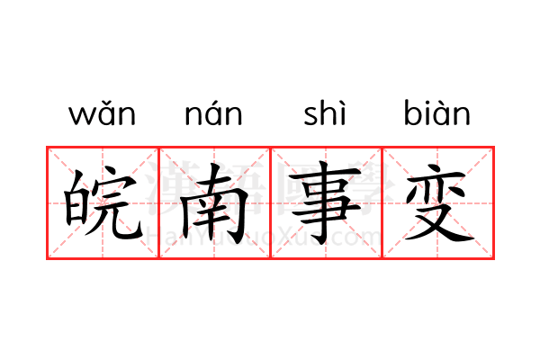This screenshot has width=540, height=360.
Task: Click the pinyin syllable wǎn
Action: [103, 113]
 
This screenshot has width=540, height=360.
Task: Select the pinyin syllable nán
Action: [213, 113]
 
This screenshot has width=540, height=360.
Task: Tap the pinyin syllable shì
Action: [324, 112]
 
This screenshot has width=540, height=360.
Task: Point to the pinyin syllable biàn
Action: [437, 112]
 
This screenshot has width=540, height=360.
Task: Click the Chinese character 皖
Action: [103, 202]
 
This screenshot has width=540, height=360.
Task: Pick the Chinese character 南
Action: [214, 202]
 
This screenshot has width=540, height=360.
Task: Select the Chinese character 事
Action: [326, 202]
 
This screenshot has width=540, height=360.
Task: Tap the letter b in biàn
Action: [412, 112]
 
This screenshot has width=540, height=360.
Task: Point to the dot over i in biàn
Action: [427, 102]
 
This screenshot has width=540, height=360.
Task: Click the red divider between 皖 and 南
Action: [158, 202]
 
